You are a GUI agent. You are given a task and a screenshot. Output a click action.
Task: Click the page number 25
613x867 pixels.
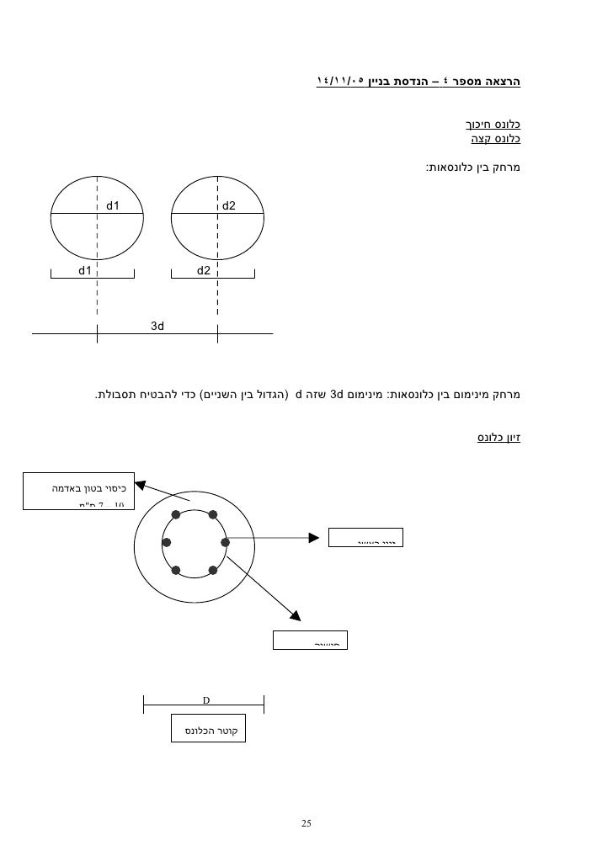pyautogui.click(x=306, y=822)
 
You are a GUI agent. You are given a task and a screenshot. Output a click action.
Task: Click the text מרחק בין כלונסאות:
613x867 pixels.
pyautogui.click(x=473, y=168)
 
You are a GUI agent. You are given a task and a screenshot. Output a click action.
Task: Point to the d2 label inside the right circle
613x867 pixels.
pyautogui.click(x=229, y=205)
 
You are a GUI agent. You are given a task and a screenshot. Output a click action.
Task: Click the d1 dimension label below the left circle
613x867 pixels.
pyautogui.click(x=85, y=270)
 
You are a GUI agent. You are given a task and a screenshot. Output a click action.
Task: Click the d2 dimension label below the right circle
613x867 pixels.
pyautogui.click(x=204, y=270)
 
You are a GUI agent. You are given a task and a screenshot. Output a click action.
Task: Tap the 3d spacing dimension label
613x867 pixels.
pyautogui.click(x=157, y=325)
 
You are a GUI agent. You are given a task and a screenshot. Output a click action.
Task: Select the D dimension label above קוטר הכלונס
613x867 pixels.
pyautogui.click(x=205, y=699)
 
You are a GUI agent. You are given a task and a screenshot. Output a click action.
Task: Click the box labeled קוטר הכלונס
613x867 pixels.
pyautogui.click(x=210, y=728)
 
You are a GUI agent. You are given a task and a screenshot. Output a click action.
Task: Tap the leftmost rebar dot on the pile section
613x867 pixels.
pyautogui.click(x=167, y=542)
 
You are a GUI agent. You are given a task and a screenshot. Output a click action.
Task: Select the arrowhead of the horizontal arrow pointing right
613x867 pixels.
pyautogui.click(x=317, y=536)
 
